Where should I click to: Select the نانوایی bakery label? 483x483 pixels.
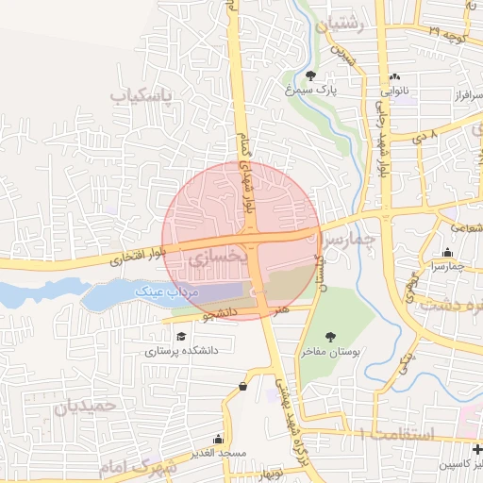[394, 92]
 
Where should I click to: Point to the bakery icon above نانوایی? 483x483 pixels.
[394, 77]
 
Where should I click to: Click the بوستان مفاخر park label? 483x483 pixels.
[330, 352]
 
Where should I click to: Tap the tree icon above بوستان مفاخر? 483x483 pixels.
[330, 337]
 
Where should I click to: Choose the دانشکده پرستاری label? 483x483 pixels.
[181, 350]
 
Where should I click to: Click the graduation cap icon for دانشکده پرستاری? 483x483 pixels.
[180, 335]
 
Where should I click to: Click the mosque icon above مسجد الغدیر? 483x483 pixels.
[218, 439]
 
